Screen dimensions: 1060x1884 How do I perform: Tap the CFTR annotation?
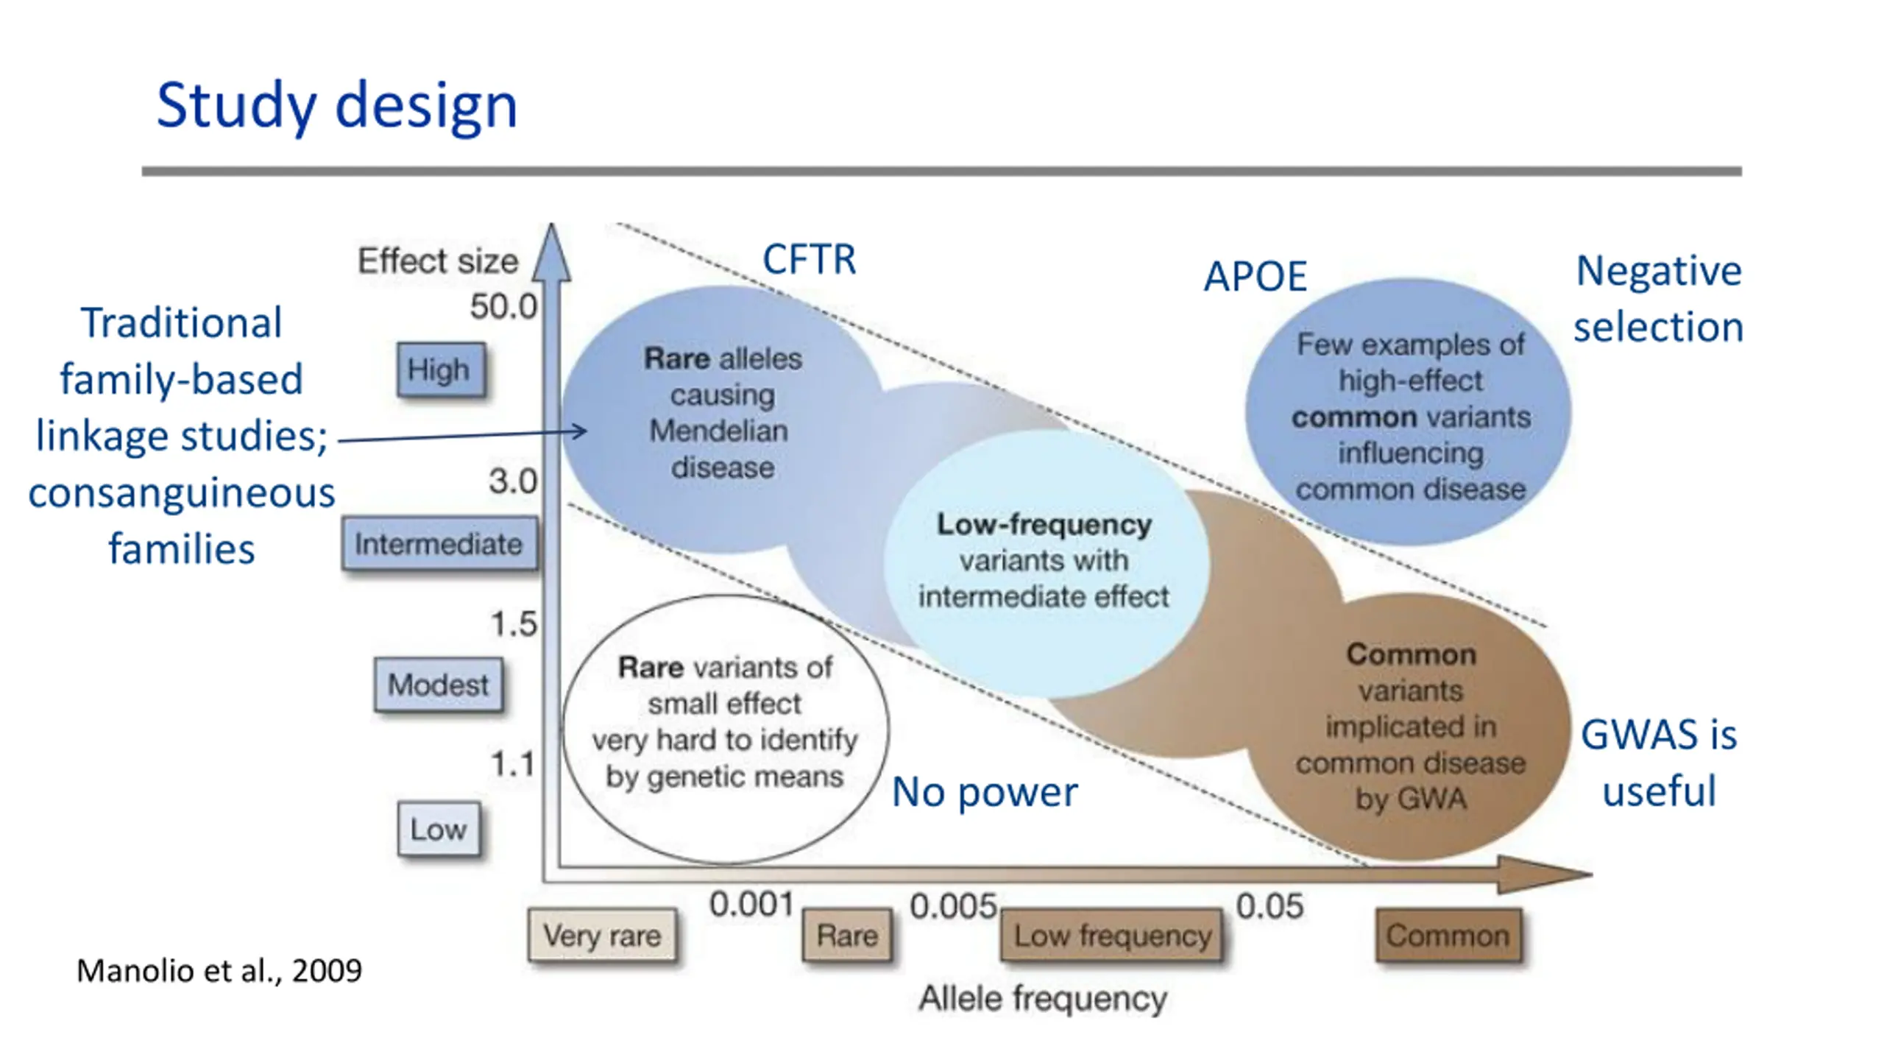click(809, 259)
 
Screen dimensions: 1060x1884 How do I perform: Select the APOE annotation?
click(1255, 277)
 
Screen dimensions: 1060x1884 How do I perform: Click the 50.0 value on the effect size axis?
click(504, 306)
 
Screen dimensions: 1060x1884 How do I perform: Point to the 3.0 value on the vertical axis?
click(513, 481)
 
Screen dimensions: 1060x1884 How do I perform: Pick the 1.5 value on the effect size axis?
click(514, 624)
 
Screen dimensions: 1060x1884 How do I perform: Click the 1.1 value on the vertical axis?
click(513, 764)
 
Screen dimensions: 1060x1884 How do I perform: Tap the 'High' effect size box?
click(439, 370)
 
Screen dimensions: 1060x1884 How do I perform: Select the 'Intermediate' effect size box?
click(439, 545)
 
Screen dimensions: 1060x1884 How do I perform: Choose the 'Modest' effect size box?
click(438, 685)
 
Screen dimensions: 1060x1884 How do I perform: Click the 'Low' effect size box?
click(439, 830)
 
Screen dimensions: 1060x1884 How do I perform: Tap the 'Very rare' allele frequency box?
click(602, 936)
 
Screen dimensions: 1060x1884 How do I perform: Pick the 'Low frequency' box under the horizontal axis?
click(1112, 936)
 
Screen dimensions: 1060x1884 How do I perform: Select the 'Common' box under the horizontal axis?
click(1448, 936)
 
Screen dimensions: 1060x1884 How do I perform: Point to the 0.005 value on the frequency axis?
click(953, 906)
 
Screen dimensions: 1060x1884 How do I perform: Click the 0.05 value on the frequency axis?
click(1269, 906)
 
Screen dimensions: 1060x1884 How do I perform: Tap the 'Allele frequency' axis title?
click(1043, 999)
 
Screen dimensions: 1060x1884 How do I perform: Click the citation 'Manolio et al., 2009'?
click(219, 971)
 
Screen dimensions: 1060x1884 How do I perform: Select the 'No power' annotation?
click(984, 792)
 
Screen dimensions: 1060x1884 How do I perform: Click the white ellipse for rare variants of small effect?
click(725, 729)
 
